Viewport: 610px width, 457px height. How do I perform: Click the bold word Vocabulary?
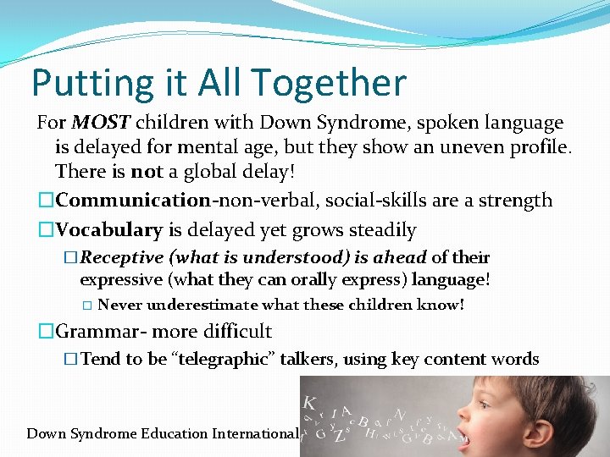coord(109,229)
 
